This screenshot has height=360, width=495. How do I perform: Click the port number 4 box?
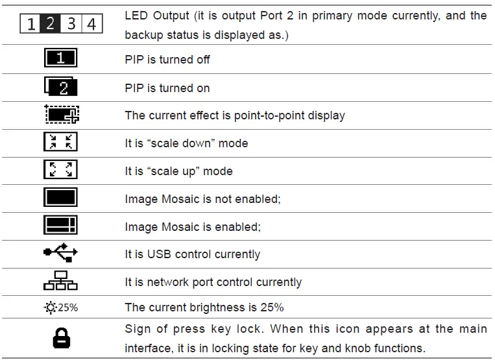[x=91, y=25]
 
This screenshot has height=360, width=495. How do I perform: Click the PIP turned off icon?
[x=60, y=60]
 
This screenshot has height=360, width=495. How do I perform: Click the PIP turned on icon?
[x=60, y=88]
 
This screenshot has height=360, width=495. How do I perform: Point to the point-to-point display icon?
[x=61, y=115]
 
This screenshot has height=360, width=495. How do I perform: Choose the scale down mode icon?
[x=60, y=143]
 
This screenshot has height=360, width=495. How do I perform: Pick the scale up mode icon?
[x=60, y=171]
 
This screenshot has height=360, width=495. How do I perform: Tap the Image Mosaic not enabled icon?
[x=60, y=198]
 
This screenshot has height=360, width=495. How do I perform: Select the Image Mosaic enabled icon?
[x=60, y=226]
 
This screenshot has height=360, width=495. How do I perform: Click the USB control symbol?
[x=60, y=254]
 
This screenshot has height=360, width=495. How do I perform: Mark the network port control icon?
[x=60, y=282]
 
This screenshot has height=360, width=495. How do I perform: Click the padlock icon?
[x=61, y=338]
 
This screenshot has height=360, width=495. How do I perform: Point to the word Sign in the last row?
[x=138, y=329]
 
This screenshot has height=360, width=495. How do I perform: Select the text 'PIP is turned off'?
[x=167, y=60]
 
